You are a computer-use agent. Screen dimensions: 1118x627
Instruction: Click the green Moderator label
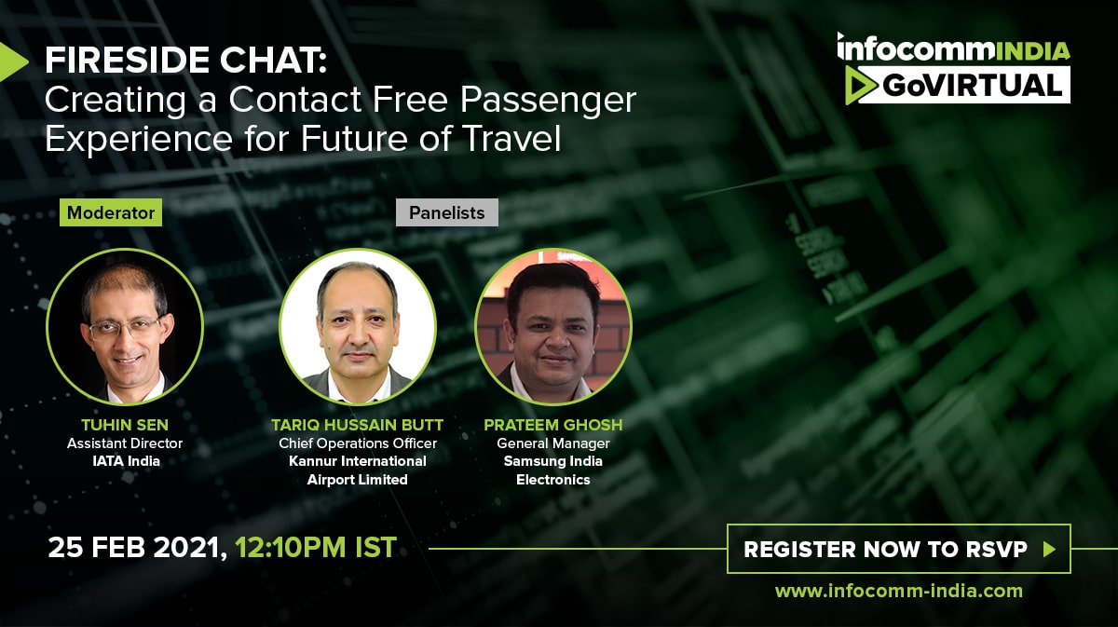click(111, 212)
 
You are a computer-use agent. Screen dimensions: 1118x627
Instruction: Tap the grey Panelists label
click(446, 212)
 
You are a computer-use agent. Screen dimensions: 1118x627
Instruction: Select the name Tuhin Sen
click(125, 425)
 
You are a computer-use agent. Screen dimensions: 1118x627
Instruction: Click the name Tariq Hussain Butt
click(357, 425)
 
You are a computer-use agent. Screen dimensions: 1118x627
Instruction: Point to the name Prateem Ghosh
click(553, 425)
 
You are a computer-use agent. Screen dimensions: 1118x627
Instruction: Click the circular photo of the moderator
click(125, 326)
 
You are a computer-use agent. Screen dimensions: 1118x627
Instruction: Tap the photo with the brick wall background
click(553, 326)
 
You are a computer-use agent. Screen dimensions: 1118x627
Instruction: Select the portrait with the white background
click(358, 326)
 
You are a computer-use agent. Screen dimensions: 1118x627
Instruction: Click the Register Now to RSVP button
click(899, 549)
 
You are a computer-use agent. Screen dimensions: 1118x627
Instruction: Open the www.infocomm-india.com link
click(899, 591)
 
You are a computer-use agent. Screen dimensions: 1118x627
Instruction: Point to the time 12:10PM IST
click(316, 547)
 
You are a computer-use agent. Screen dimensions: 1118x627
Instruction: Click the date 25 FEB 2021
click(134, 548)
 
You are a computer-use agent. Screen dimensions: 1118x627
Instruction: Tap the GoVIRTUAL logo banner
click(958, 85)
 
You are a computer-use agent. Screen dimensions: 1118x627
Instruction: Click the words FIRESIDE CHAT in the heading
click(185, 61)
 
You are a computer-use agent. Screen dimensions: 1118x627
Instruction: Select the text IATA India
click(127, 461)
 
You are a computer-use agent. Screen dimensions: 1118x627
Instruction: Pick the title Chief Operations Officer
click(358, 443)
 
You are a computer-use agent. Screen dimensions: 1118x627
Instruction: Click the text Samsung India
click(553, 461)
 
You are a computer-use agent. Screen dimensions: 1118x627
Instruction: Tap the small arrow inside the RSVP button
click(1049, 549)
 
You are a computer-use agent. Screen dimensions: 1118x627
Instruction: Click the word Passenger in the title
click(548, 101)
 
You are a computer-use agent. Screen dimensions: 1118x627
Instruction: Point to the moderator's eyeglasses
click(125, 329)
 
